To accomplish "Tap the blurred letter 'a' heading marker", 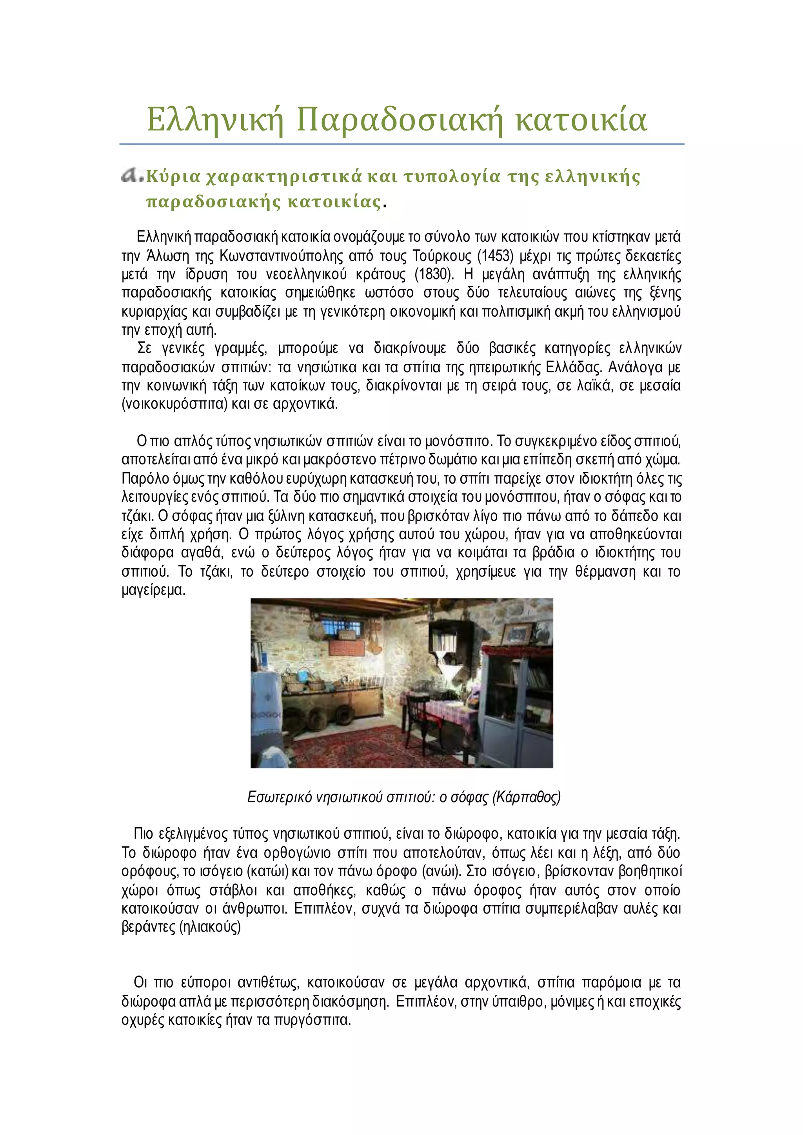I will point(131,175).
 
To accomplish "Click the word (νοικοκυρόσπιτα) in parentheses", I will point(174,404).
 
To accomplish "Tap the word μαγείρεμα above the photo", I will point(153,590).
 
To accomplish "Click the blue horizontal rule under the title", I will point(401,144).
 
